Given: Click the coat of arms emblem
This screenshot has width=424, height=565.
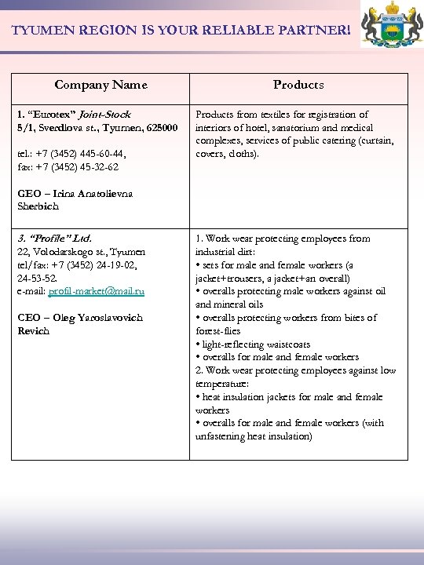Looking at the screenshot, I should [x=391, y=26].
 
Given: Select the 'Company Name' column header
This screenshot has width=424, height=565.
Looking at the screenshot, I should [x=101, y=85].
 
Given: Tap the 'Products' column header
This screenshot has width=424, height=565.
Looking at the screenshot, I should [x=298, y=85].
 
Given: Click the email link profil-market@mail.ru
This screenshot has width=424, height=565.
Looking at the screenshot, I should [x=97, y=291].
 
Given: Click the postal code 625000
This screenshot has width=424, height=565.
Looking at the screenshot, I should [x=159, y=127].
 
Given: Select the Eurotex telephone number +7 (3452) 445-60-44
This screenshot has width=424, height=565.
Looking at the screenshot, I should [x=82, y=154].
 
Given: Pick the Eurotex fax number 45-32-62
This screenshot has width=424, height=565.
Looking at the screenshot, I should [x=100, y=167].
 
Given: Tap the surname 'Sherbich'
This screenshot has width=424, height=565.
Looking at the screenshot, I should [x=38, y=206].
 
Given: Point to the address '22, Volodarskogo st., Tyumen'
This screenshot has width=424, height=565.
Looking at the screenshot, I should [x=81, y=252].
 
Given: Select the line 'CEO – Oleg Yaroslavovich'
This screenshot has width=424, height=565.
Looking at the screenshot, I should [x=80, y=318].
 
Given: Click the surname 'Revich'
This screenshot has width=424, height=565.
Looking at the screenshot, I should [x=34, y=331].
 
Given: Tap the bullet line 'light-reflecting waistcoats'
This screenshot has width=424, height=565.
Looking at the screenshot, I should [x=255, y=344].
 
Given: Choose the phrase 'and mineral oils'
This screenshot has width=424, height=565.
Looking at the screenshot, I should [x=229, y=304].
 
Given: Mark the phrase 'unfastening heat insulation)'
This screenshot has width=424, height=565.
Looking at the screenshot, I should [x=254, y=436].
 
